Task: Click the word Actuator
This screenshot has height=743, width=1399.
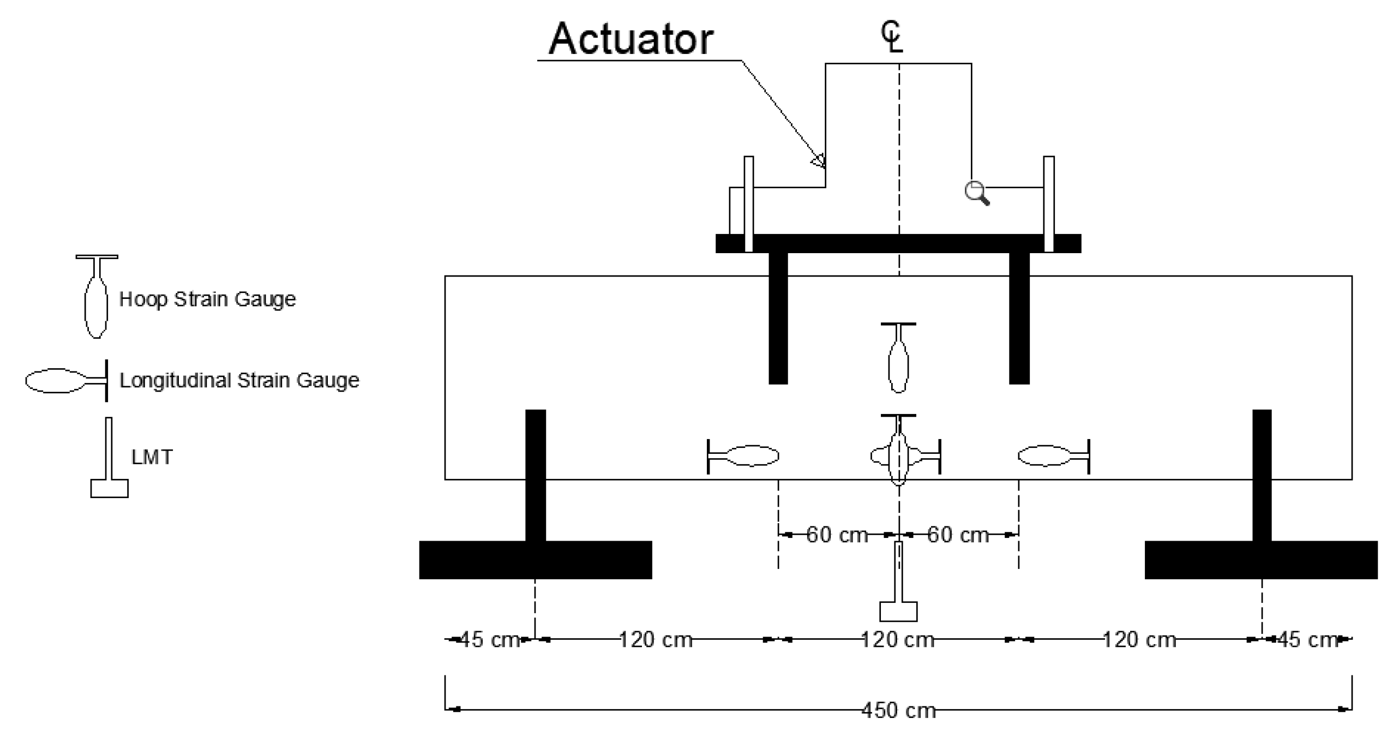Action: click(631, 39)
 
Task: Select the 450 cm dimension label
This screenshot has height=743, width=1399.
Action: click(898, 710)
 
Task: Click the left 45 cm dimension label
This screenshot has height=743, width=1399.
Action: click(489, 639)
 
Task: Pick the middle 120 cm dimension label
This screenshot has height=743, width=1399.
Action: click(897, 639)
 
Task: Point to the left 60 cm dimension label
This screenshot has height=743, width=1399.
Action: click(837, 535)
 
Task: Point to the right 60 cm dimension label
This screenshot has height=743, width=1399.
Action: click(958, 535)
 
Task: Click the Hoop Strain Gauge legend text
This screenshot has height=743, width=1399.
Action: click(207, 299)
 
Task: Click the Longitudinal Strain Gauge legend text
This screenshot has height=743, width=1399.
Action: click(239, 380)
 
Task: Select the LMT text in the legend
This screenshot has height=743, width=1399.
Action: click(152, 457)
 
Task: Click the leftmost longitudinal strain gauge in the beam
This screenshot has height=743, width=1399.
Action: click(743, 456)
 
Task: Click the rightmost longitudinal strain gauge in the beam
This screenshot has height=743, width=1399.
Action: click(1053, 456)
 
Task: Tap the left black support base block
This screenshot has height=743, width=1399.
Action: click(535, 560)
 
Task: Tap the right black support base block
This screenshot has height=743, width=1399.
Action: click(1260, 560)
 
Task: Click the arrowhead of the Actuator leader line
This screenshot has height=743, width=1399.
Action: click(818, 161)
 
